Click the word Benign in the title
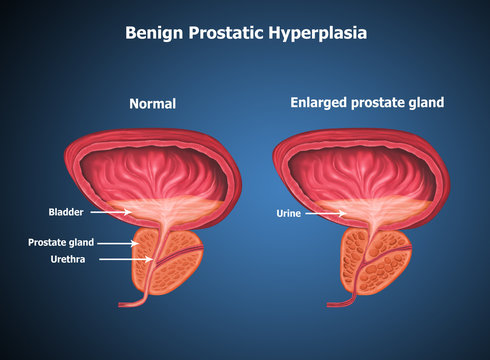[154, 33]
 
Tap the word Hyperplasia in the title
[318, 33]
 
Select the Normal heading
[153, 103]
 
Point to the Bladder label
[65, 212]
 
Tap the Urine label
[287, 213]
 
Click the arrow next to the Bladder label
[106, 212]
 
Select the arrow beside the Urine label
[324, 213]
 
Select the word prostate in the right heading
[374, 103]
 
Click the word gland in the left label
[82, 242]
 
